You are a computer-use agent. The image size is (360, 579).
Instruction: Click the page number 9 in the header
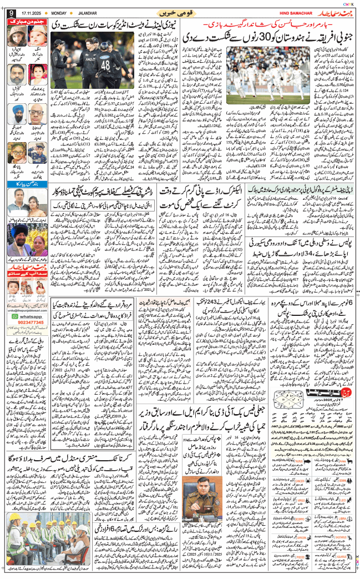click(11, 13)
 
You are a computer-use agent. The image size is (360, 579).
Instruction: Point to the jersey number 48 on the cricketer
click(105, 65)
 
